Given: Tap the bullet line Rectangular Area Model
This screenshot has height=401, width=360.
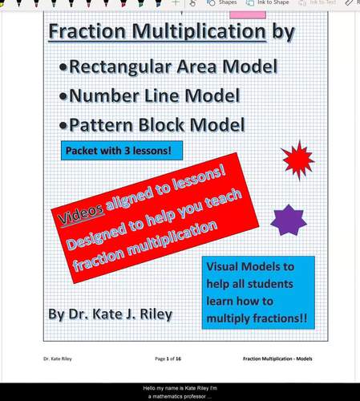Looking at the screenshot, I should tap(173, 66).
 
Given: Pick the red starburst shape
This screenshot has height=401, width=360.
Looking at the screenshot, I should tap(298, 160).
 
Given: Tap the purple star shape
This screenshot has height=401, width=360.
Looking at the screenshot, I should tap(289, 220).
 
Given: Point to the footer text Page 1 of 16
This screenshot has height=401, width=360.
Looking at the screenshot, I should tap(171, 358).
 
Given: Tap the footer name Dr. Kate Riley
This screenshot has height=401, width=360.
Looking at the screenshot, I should tap(59, 358).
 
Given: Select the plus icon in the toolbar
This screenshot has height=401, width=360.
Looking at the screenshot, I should tap(176, 3).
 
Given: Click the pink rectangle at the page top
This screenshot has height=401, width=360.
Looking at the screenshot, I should tap(248, 14).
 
